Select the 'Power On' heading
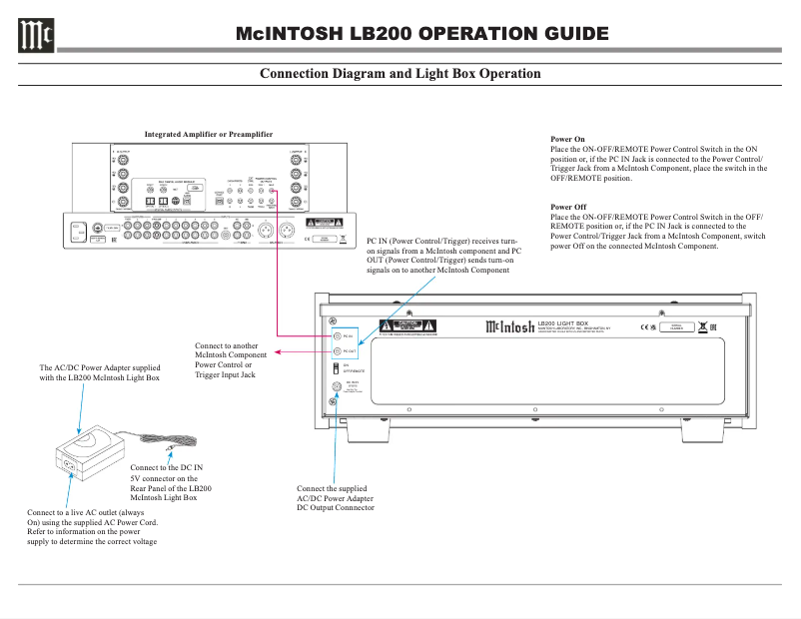[x=567, y=140]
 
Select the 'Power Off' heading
[x=568, y=207]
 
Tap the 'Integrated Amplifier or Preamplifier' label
[x=208, y=134]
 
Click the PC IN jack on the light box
[x=337, y=336]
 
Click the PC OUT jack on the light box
[x=337, y=351]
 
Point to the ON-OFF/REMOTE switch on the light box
[x=337, y=368]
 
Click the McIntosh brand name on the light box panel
[x=507, y=325]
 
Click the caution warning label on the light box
[x=406, y=326]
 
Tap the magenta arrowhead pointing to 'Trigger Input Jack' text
[x=279, y=351]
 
